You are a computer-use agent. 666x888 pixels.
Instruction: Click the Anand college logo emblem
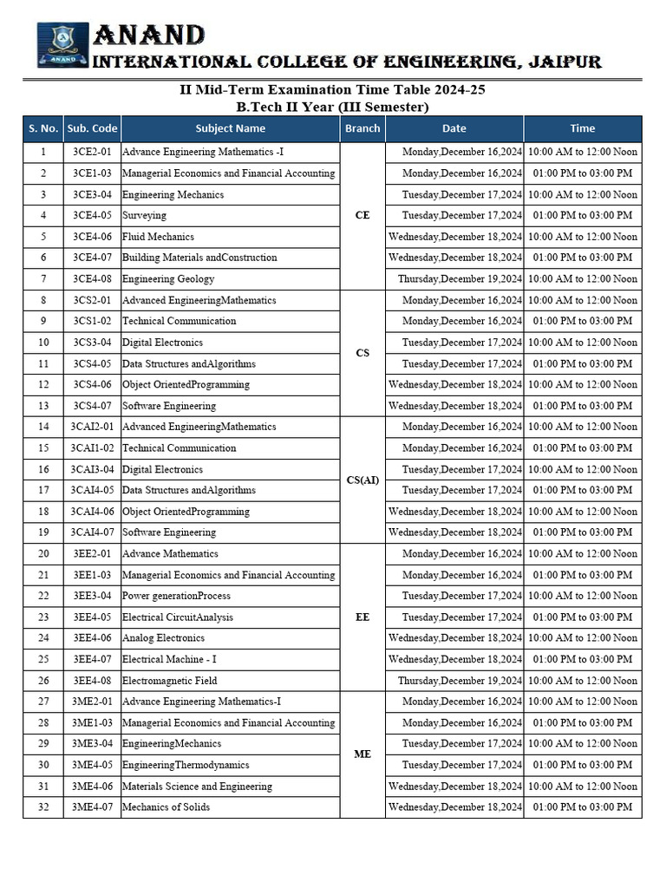point(62,45)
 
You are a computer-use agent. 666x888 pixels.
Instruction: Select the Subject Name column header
point(230,128)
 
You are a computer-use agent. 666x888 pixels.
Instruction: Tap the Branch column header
point(362,128)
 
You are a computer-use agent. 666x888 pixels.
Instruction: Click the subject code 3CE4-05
point(92,215)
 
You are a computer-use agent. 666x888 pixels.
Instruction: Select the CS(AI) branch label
point(362,480)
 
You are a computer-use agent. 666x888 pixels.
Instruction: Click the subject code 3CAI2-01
point(92,427)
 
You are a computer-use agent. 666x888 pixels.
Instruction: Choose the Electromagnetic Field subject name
point(169,681)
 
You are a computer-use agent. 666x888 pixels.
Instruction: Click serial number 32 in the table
point(43,807)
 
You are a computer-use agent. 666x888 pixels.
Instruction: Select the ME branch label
point(362,754)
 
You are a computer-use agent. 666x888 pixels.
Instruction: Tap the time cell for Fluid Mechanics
point(582,237)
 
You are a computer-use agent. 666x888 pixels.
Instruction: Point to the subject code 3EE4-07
point(92,659)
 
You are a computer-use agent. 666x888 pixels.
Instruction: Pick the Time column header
point(582,128)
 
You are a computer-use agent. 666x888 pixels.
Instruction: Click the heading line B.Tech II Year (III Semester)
point(333,107)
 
